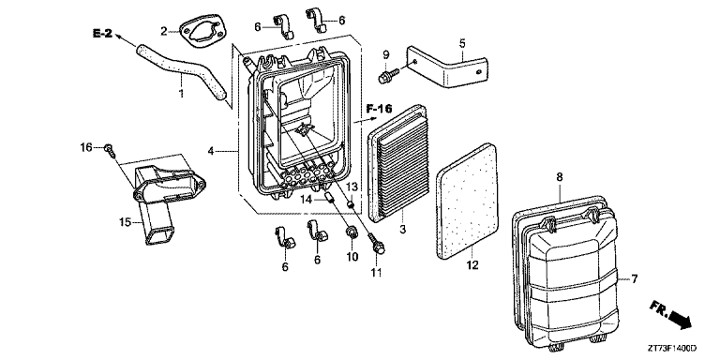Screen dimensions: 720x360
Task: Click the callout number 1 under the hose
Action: pos(181,94)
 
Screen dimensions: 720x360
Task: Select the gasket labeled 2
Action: pos(203,33)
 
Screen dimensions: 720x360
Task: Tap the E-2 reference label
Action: pos(102,33)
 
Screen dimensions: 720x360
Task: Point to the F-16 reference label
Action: pos(380,109)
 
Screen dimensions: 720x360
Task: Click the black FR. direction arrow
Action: pos(681,318)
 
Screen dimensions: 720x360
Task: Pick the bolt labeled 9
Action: pos(385,76)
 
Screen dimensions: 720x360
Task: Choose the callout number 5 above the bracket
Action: pos(462,44)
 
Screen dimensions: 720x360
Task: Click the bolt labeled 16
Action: pos(111,150)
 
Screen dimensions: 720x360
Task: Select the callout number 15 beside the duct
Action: pos(125,223)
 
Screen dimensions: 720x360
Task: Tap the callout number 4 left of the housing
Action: pos(210,150)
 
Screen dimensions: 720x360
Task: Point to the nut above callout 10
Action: pos(352,232)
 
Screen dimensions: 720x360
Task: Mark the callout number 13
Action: pos(352,187)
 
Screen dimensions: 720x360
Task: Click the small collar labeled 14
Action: pos(328,199)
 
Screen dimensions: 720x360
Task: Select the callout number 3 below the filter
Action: pos(403,229)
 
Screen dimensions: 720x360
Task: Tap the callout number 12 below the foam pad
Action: pos(472,265)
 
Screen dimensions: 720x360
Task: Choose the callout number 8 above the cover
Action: pos(560,177)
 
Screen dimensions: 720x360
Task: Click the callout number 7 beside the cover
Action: pos(634,278)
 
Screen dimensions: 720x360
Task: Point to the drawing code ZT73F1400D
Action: pos(673,349)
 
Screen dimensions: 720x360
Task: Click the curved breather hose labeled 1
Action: pos(184,67)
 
